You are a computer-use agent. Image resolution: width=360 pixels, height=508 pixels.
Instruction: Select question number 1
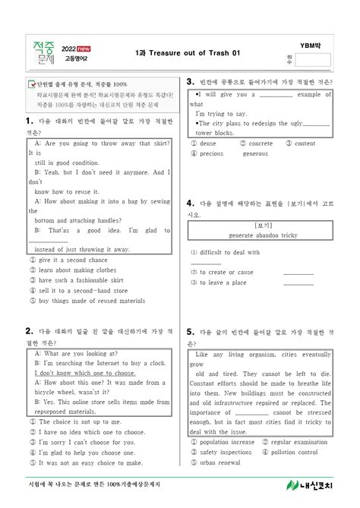(x=28, y=121)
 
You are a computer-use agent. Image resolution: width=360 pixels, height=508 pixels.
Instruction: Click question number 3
(x=189, y=81)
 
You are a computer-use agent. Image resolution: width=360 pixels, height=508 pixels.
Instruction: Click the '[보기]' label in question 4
(x=264, y=226)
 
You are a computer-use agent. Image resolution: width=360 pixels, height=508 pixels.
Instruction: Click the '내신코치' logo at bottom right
(x=310, y=485)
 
